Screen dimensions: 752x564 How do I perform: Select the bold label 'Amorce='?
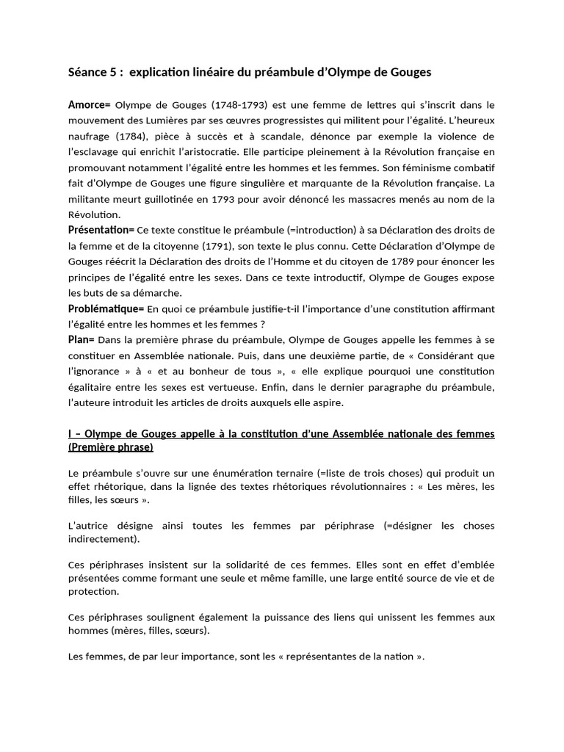coord(89,105)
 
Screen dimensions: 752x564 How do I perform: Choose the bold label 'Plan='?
coord(82,340)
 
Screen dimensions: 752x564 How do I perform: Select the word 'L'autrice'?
coord(89,526)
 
